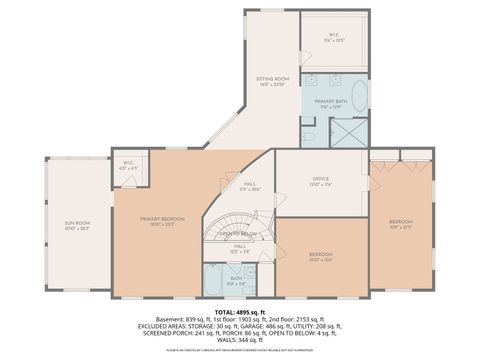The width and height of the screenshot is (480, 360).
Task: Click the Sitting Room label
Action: [x=271, y=81]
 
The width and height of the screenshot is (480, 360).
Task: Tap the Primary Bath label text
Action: [x=332, y=104]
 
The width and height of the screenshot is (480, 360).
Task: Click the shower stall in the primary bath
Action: [x=349, y=131]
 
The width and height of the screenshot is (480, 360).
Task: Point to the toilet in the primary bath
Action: [x=309, y=135]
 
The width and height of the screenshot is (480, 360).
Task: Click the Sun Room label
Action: [x=77, y=229]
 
